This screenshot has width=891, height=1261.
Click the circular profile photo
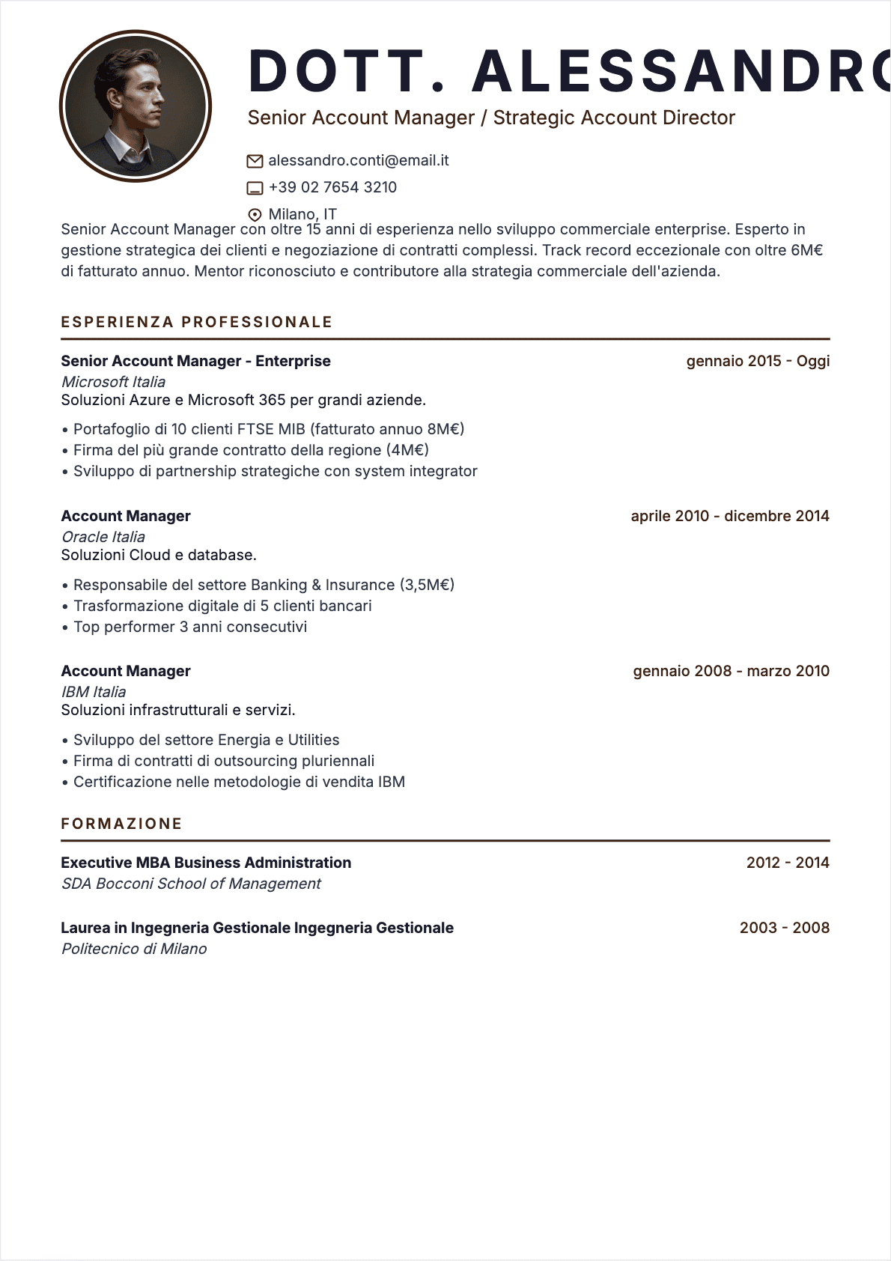(136, 106)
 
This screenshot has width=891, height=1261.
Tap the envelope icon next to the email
(255, 161)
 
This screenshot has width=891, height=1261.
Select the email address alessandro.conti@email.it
(358, 160)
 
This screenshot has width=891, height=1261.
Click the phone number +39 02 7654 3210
(332, 187)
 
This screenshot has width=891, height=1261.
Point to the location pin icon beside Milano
(255, 214)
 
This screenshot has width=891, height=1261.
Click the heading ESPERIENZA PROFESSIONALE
(196, 322)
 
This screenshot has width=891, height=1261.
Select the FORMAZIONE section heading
(121, 824)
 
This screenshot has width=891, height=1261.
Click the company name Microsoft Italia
(113, 382)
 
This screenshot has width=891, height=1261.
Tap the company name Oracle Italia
(103, 537)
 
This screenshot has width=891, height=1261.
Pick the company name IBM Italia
(94, 692)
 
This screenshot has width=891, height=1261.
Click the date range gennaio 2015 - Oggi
(758, 361)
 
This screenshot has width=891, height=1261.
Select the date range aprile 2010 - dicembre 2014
(730, 516)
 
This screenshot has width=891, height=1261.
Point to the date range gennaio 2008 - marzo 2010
(731, 671)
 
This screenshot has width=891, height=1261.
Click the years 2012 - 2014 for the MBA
(788, 863)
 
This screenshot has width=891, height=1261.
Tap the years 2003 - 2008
(784, 928)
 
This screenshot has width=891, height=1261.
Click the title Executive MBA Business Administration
(206, 863)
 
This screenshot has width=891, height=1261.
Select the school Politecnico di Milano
(134, 949)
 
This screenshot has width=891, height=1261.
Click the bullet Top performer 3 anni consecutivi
(190, 627)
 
